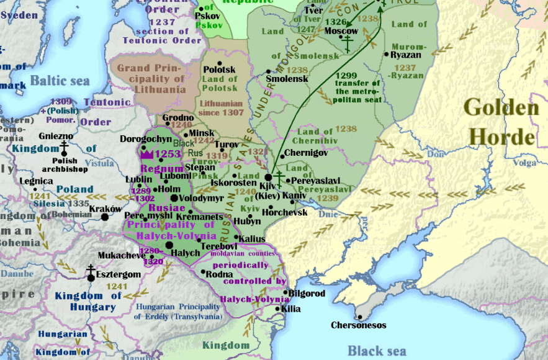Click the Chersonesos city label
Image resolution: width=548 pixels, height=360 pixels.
[358, 325]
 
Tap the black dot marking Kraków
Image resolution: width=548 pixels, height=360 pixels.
[105, 217]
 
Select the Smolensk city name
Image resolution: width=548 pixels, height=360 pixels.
[287, 79]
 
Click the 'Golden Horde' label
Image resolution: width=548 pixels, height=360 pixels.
[501, 122]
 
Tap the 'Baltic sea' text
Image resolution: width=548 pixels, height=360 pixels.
[60, 81]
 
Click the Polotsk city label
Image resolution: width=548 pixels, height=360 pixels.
[220, 70]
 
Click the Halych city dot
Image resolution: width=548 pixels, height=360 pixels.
[169, 246]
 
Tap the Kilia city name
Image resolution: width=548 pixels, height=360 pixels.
[290, 308]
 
